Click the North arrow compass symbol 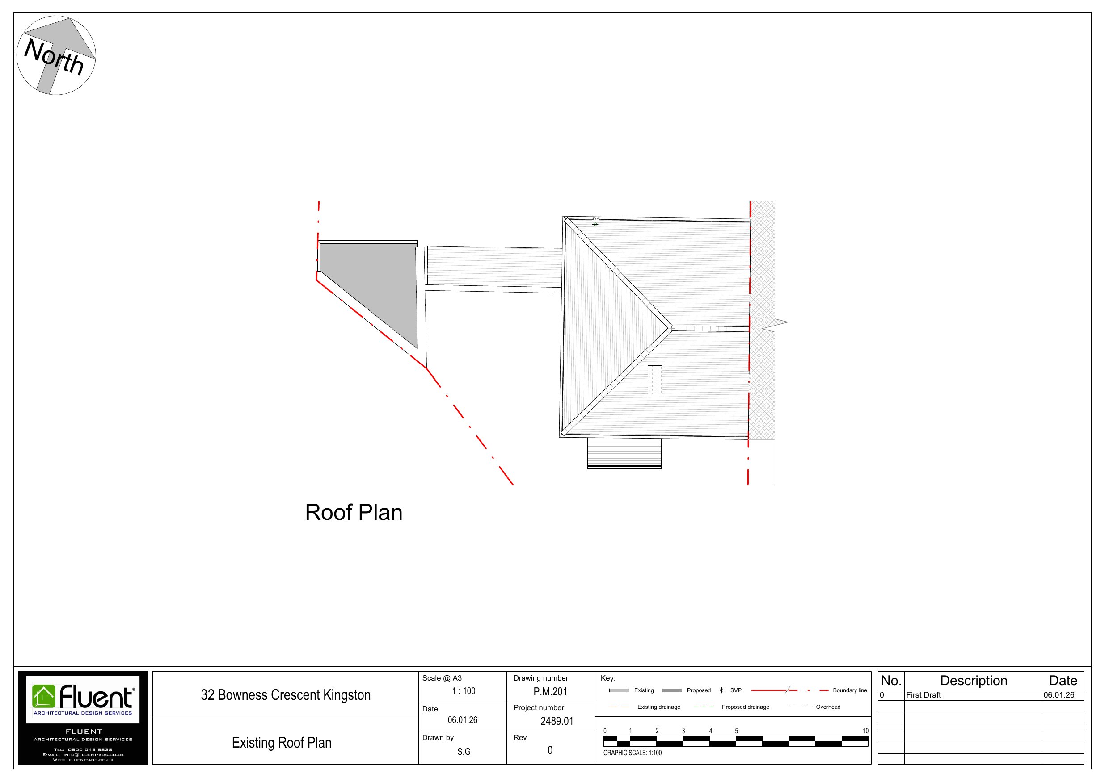click(56, 55)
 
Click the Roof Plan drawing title click(354, 513)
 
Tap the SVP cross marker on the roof click(595, 224)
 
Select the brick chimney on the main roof click(654, 380)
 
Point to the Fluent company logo click(83, 698)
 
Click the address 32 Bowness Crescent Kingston click(286, 695)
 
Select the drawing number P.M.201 click(550, 692)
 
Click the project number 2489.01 click(557, 721)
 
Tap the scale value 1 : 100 click(463, 691)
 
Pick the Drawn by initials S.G click(463, 752)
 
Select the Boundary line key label click(850, 690)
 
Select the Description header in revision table click(973, 681)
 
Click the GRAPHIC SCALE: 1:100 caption click(632, 753)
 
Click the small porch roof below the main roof click(624, 452)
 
